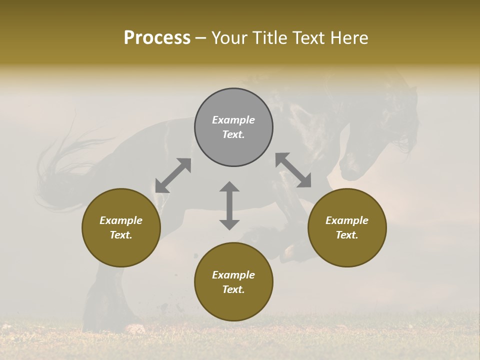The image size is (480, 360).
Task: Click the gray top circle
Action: point(233,127)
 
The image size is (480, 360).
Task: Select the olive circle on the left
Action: point(121,227)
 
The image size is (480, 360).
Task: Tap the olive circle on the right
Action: point(347,227)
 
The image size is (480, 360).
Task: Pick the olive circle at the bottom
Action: point(233,281)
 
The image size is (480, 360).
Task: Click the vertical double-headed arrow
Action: point(229,205)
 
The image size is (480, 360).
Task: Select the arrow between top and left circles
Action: point(173,175)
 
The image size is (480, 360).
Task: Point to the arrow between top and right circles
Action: point(293,170)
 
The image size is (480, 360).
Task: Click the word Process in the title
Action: point(157,38)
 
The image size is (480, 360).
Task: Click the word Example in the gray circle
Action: point(233,120)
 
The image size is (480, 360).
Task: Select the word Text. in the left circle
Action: point(121,235)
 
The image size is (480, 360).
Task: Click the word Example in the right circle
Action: point(347,220)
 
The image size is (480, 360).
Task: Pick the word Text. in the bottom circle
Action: point(233,289)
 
